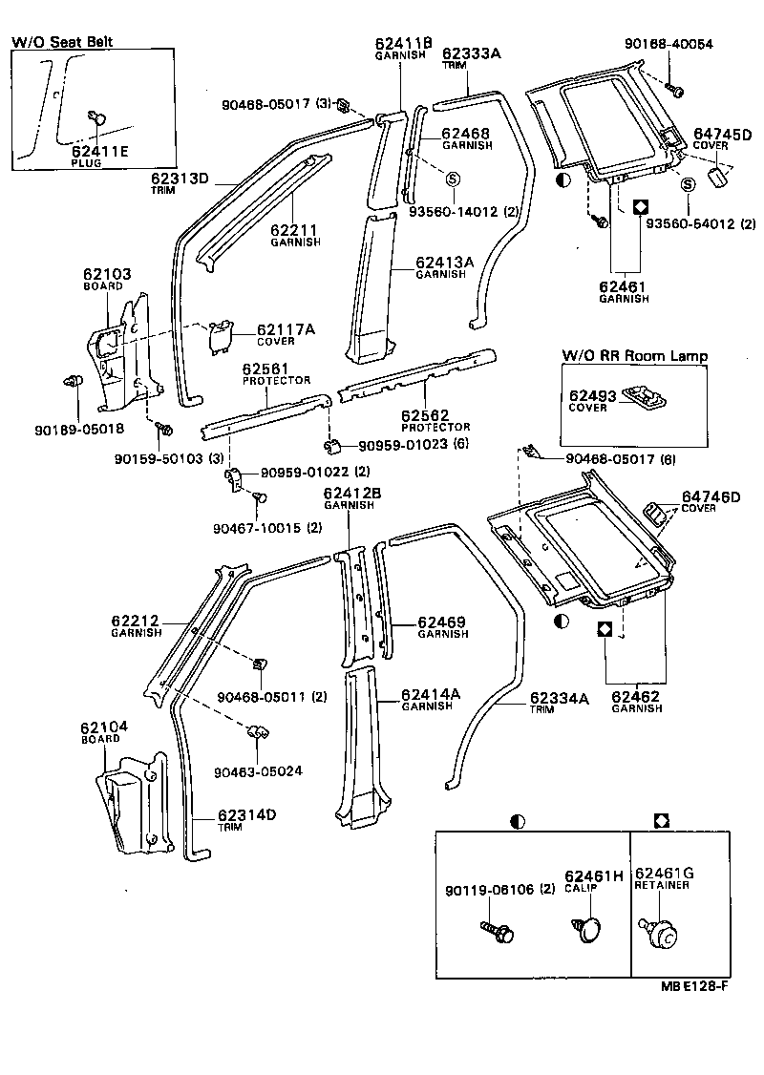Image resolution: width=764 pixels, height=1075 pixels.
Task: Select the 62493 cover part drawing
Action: click(x=644, y=394)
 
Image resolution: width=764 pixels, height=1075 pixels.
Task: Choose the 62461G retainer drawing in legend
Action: click(x=658, y=933)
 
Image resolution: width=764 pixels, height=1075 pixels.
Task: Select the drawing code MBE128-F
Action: click(x=691, y=986)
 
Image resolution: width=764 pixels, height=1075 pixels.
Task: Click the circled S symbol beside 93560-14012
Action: click(x=453, y=179)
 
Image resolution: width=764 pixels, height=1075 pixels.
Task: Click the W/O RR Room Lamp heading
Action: click(x=634, y=355)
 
